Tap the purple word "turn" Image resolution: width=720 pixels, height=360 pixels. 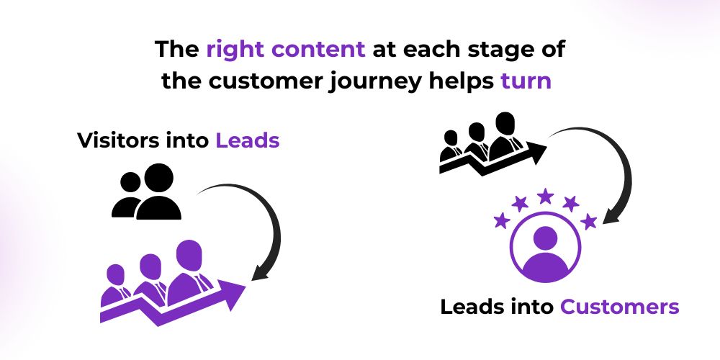click(x=526, y=81)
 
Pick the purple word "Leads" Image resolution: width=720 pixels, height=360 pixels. click(x=248, y=140)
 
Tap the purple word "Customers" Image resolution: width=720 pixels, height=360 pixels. click(x=619, y=307)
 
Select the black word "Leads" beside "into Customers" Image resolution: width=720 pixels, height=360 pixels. click(x=472, y=307)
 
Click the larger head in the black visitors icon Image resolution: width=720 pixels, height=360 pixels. click(x=159, y=178)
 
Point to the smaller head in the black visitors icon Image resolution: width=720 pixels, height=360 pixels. click(x=130, y=182)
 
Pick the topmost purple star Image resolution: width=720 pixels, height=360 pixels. click(x=545, y=196)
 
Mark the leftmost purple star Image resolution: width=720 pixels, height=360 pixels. click(x=502, y=220)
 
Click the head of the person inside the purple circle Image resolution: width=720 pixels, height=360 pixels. click(x=546, y=238)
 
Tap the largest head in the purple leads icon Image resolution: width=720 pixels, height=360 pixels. click(x=189, y=256)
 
